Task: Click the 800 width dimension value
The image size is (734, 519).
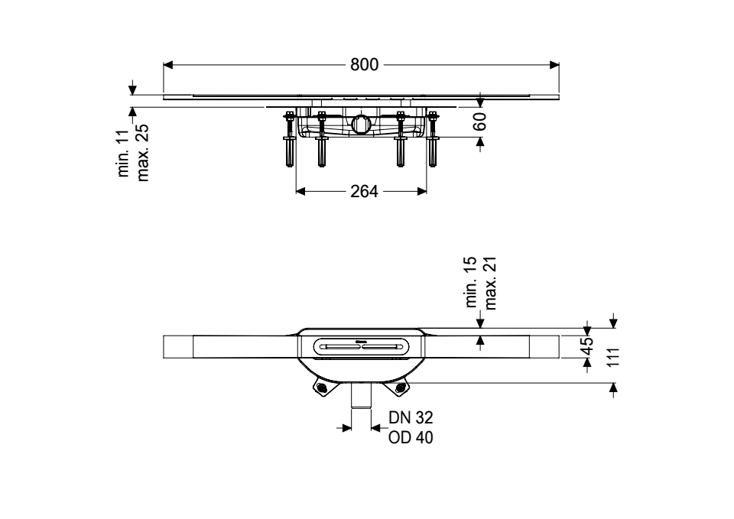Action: coord(364,64)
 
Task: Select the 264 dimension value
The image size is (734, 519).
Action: coord(364,191)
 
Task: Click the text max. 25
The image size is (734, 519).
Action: coord(142,153)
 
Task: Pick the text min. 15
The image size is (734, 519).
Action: coord(471,282)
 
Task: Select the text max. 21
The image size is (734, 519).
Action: coord(490,284)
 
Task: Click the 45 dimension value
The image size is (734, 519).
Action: coord(586,347)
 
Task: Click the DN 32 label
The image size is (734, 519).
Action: coord(411,417)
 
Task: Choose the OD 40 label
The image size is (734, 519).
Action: coord(411,437)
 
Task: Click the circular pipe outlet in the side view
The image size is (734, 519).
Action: coord(361,124)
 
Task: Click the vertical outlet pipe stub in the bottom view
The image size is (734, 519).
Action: coord(361,395)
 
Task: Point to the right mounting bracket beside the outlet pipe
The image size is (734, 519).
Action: coord(398,387)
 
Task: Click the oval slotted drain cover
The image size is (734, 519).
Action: coord(361,347)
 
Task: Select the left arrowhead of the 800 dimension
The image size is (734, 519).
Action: coord(168,64)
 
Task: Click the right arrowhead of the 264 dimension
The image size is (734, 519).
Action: coord(422,191)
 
